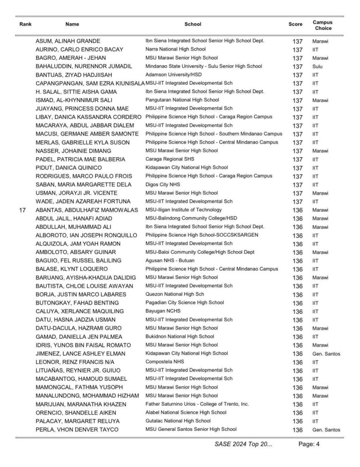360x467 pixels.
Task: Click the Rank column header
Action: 25,25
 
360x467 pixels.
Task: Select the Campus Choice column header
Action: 322,25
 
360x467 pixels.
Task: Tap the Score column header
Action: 295,25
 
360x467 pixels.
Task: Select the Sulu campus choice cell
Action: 317,66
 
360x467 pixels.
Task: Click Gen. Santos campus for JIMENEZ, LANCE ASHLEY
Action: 326,353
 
